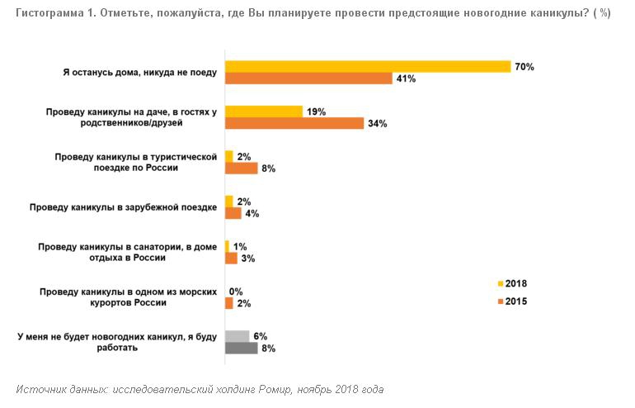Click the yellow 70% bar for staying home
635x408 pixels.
[368, 67]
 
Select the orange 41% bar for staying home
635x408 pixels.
[308, 78]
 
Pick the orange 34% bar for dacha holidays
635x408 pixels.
[294, 123]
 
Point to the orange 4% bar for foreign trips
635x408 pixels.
[233, 213]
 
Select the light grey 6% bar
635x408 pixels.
[238, 336]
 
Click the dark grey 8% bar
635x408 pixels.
[241, 348]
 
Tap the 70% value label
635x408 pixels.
[524, 67]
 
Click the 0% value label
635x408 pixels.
[236, 292]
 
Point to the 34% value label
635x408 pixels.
[378, 124]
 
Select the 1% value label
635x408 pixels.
[240, 246]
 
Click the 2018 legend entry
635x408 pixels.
[512, 282]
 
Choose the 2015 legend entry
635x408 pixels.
[512, 301]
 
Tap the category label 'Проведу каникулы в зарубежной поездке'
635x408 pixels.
[123, 206]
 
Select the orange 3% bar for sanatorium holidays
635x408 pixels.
[231, 258]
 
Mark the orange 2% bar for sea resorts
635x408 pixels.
[229, 303]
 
